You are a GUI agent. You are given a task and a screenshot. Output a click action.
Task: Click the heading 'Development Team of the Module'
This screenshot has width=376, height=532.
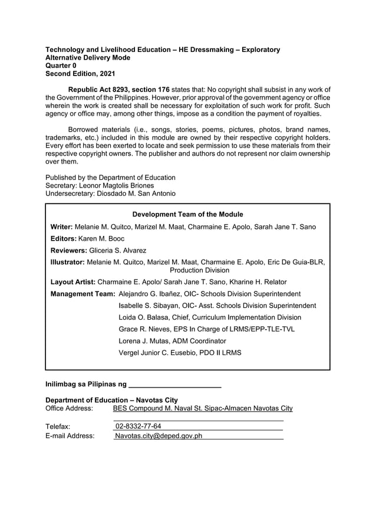[187, 214]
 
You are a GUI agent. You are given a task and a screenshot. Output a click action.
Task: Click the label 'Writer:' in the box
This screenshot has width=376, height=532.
[61, 227]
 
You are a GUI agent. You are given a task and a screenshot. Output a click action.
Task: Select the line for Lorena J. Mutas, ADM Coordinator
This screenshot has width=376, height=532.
[172, 341]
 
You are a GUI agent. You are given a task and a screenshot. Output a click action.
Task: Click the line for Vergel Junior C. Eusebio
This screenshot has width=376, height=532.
[180, 353]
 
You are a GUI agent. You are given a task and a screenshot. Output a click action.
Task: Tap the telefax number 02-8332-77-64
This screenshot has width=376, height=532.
[138, 426]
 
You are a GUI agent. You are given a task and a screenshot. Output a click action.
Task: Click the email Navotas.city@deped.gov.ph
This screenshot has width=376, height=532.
[159, 436]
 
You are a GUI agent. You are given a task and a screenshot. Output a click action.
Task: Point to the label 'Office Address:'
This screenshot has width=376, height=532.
[69, 408]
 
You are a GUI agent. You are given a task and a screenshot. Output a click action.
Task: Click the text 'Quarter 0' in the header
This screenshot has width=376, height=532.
[61, 66]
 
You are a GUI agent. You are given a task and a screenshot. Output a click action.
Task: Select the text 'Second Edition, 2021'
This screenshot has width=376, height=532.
[80, 74]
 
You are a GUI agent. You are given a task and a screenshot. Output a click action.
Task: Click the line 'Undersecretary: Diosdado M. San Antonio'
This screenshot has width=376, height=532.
[110, 194]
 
